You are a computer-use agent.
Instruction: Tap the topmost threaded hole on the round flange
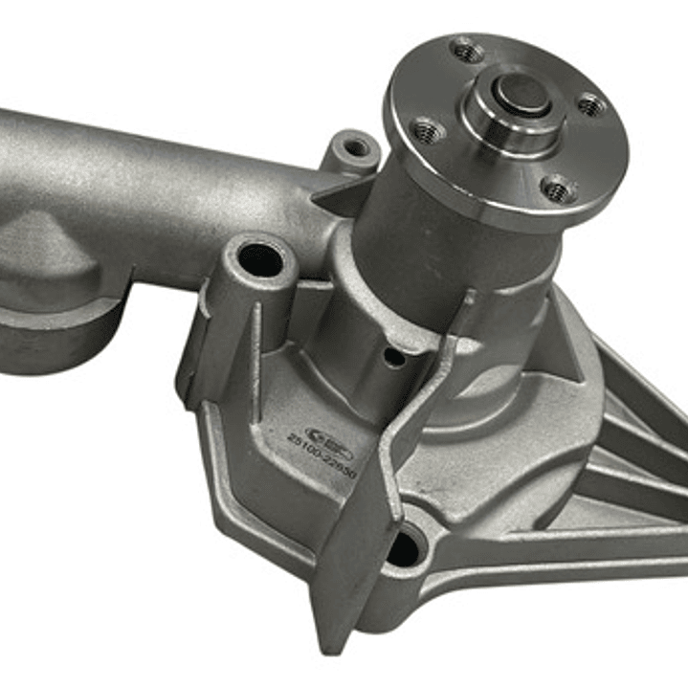click(467, 49)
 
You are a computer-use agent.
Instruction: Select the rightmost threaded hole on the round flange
click(591, 104)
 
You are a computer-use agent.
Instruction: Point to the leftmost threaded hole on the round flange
click(425, 129)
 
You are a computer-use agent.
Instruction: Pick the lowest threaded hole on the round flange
click(557, 189)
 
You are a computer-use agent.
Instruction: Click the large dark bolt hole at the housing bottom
click(402, 548)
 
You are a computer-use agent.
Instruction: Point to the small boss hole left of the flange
click(356, 147)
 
